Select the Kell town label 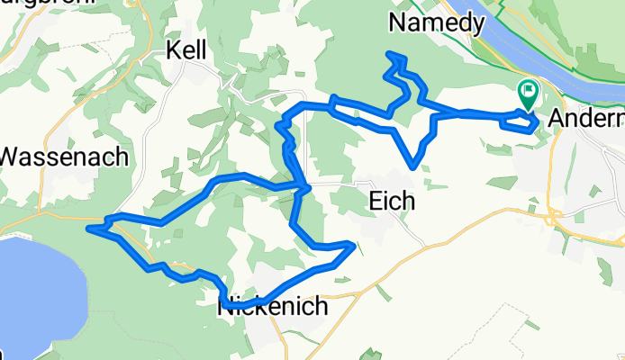[x=187, y=52]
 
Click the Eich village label [x=392, y=202]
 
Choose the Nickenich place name [x=274, y=309]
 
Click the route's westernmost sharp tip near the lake [x=89, y=229]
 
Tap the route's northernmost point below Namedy [x=391, y=55]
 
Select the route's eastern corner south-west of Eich [x=352, y=244]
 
